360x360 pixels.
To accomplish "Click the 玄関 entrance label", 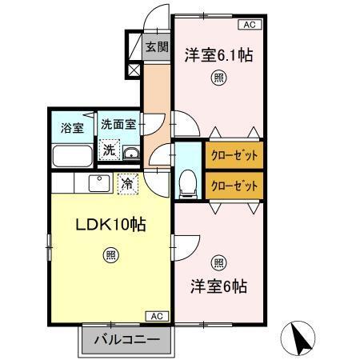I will (157, 47).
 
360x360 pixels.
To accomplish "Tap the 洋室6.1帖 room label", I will (218, 55).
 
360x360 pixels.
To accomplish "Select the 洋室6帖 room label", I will (218, 286).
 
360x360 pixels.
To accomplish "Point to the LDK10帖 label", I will (110, 225).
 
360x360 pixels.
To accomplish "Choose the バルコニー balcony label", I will (126, 339).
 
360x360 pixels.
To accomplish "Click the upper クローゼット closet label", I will (234, 154).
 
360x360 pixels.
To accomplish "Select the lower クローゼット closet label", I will (234, 185).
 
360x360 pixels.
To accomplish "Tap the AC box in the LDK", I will (157, 316).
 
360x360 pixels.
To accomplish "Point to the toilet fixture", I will (188, 182).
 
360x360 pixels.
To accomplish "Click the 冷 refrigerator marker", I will (127, 183).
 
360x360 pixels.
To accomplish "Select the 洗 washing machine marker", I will (107, 148).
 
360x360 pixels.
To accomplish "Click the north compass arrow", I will (302, 338).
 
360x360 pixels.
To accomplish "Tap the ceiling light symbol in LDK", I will (110, 255).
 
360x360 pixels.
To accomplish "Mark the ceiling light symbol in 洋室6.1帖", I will (218, 78).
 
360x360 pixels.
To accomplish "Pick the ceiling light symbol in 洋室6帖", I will (218, 262).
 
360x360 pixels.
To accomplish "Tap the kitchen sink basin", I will (99, 183).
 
